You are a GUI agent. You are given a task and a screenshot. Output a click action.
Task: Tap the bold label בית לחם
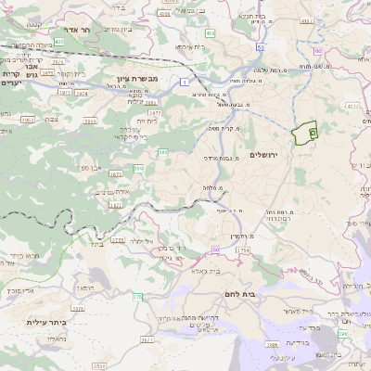[x=265, y=293]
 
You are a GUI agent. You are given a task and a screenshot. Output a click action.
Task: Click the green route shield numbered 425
[x=58, y=42]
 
